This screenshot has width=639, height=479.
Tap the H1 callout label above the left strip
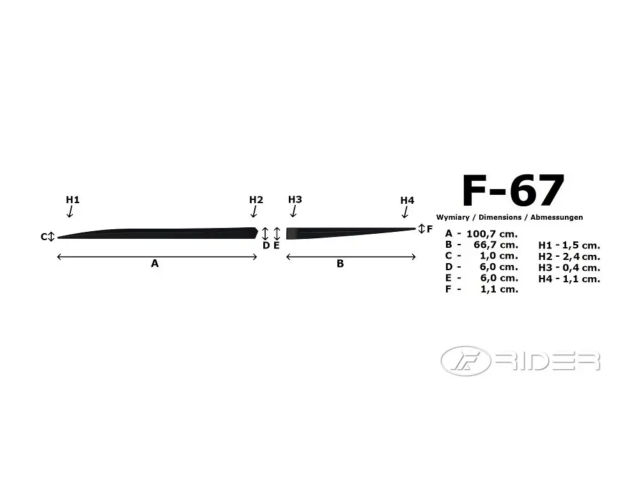click(x=73, y=199)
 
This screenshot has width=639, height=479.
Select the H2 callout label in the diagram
click(x=256, y=199)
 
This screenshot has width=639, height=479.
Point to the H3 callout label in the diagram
click(x=295, y=199)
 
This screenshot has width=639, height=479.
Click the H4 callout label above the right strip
click(x=407, y=201)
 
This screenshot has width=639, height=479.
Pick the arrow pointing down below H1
click(x=70, y=211)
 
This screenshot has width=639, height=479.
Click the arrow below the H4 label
click(x=405, y=212)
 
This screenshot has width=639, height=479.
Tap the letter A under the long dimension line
click(x=155, y=264)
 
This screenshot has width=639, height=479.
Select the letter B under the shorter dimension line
click(x=341, y=264)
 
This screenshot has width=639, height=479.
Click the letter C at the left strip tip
click(x=44, y=237)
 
